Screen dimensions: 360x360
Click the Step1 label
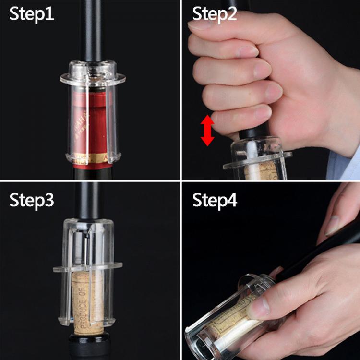click(32, 14)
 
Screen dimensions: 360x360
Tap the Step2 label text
click(215, 14)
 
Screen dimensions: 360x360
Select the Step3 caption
click(32, 200)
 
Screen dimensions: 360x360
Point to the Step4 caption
click(215, 200)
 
